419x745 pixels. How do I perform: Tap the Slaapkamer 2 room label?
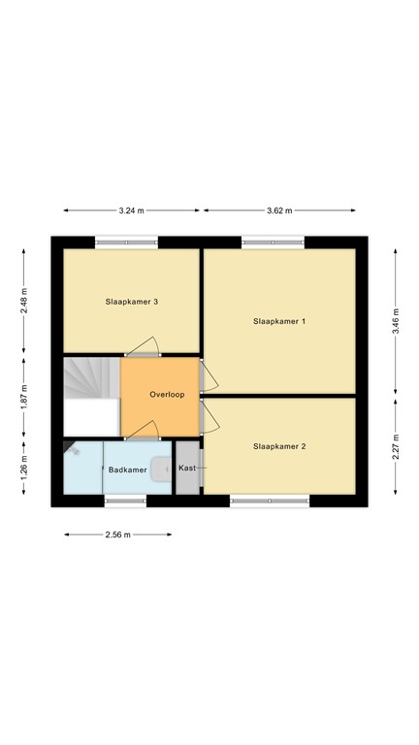(279, 447)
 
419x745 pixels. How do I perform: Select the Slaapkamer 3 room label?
(132, 302)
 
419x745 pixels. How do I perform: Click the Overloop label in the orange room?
(167, 395)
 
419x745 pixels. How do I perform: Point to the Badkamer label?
(128, 470)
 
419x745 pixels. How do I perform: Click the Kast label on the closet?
(188, 469)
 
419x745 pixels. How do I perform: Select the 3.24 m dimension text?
(131, 210)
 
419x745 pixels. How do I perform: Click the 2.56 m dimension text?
(117, 534)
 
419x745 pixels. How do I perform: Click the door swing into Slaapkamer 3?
(145, 346)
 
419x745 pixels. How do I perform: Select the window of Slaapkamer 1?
(273, 243)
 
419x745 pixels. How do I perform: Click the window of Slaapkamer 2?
(270, 501)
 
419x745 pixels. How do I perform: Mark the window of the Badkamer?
(125, 501)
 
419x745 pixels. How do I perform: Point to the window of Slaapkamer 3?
(127, 243)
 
